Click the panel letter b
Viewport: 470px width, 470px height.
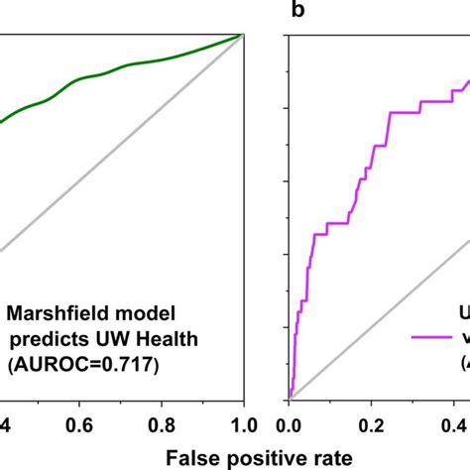pyautogui.click(x=296, y=9)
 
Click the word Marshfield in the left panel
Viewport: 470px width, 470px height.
pyautogui.click(x=56, y=315)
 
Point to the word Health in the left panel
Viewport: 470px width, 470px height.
pyautogui.click(x=169, y=340)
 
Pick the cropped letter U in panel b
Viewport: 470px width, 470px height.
pyautogui.click(x=463, y=314)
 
